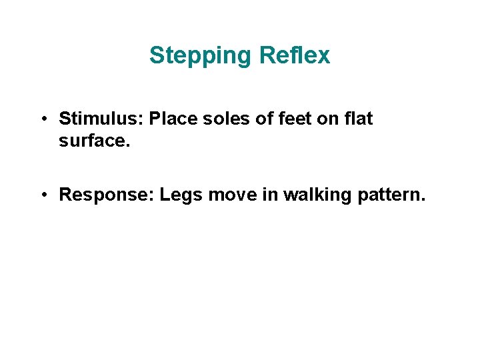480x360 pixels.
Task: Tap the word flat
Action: [x=359, y=119]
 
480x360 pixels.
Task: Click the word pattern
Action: [x=386, y=195]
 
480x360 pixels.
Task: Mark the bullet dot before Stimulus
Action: [x=42, y=120]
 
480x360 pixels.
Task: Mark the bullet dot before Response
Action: [x=42, y=195]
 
